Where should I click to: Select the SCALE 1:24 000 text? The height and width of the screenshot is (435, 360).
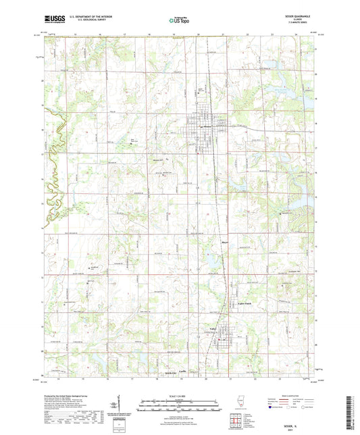coord(180,396)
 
